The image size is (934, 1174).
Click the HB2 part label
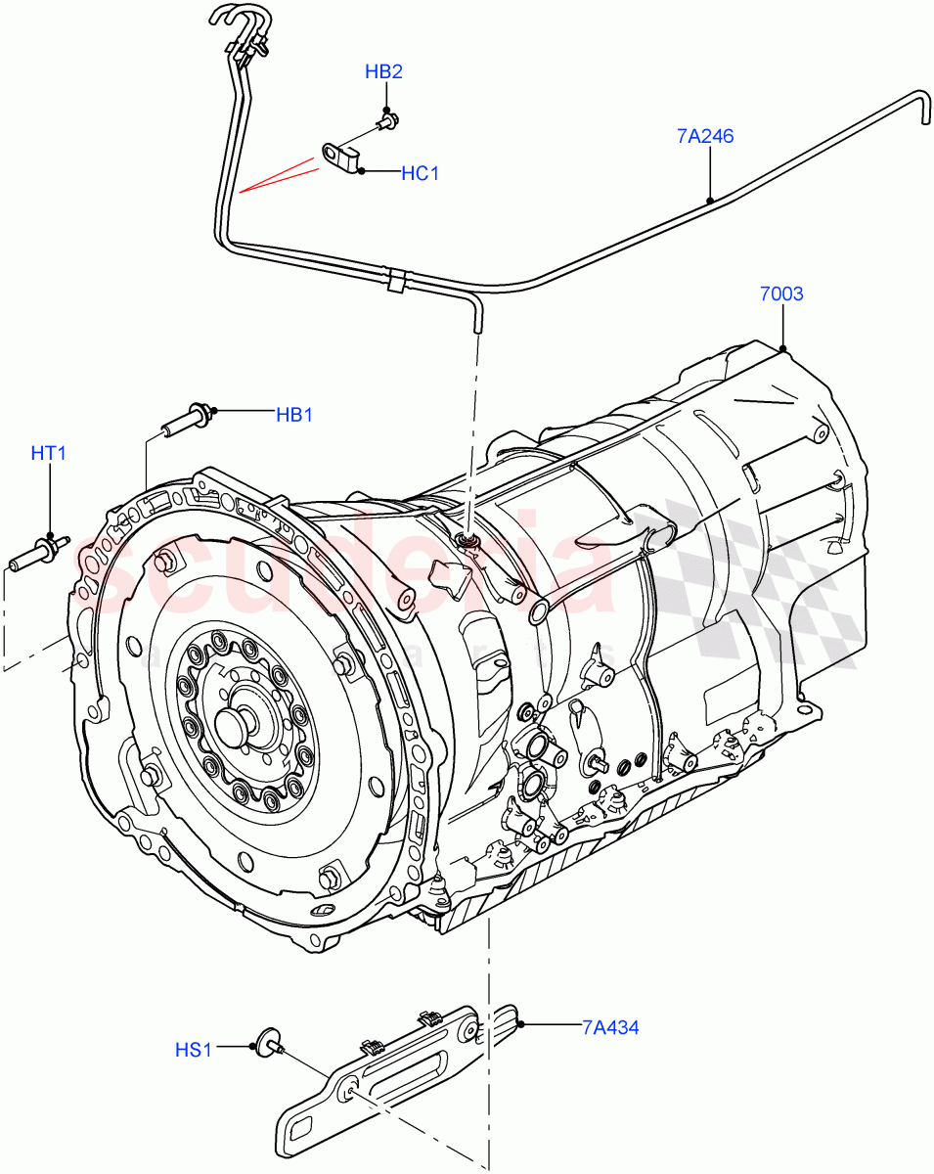pos(383,71)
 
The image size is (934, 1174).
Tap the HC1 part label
pos(420,173)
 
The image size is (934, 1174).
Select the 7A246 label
pos(704,136)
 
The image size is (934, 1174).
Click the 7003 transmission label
pos(780,293)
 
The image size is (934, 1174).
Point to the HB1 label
pos(293,414)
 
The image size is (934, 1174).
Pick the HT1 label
pos(48,453)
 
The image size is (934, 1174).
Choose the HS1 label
pos(193,1050)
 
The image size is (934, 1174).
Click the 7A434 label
pos(610,1026)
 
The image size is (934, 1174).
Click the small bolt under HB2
pos(388,122)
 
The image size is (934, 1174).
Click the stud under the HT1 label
pos(39,554)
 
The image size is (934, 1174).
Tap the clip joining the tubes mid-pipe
pos(395,280)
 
